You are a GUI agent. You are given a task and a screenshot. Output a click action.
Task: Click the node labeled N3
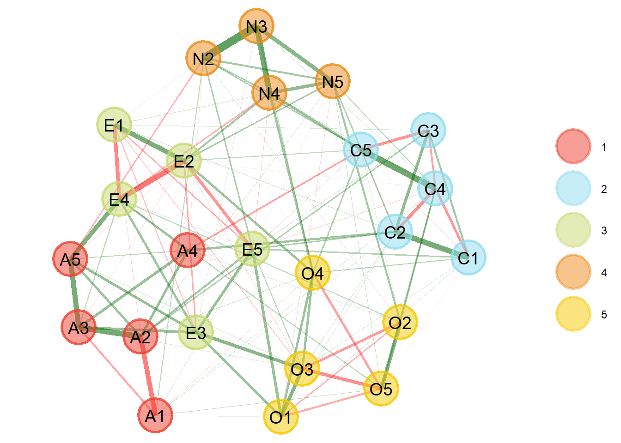click(x=256, y=26)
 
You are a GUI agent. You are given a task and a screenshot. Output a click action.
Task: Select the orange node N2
click(x=203, y=58)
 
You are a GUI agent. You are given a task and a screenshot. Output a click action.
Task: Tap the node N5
click(x=333, y=81)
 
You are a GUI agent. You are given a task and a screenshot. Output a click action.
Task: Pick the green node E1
click(x=114, y=125)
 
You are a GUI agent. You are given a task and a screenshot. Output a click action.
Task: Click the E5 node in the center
click(x=252, y=249)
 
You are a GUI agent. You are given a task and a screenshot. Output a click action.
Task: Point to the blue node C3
click(x=428, y=130)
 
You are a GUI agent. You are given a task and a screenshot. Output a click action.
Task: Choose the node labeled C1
click(x=468, y=257)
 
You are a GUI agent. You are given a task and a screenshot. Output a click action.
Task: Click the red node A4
click(x=188, y=250)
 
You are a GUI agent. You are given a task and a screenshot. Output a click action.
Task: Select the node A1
click(x=155, y=415)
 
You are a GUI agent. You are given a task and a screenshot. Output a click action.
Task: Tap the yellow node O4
click(x=312, y=273)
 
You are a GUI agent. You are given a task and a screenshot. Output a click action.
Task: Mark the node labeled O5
click(x=381, y=389)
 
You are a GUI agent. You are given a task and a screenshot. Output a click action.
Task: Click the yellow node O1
click(x=280, y=417)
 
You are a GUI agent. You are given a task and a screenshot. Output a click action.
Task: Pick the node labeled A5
click(x=70, y=259)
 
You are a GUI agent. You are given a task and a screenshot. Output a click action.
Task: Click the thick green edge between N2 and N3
click(x=230, y=42)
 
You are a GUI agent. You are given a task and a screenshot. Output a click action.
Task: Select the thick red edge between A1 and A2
click(x=148, y=376)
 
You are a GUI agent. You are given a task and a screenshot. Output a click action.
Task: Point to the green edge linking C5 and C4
click(x=398, y=169)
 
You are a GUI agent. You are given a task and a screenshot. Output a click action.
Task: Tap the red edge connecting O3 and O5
click(x=341, y=379)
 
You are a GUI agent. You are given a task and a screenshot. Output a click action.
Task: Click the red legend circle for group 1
click(x=573, y=146)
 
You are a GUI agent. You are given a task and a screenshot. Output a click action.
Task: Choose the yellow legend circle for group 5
click(x=573, y=314)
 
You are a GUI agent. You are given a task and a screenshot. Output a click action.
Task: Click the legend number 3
click(x=604, y=230)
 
